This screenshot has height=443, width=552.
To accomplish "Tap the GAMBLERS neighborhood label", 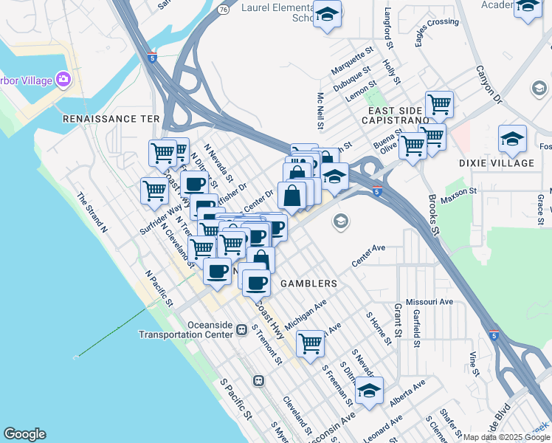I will pos(308,284).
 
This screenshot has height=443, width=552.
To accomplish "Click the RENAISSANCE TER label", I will pos(111,118).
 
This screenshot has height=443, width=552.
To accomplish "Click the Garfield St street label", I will pos(416,328).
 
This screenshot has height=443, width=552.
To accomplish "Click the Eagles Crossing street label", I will pos(437,32).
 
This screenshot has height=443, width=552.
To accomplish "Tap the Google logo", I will pos(24,434).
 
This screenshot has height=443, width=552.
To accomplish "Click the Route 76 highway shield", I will pos(223,7).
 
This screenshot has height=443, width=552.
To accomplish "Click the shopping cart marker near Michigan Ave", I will pos(311,343).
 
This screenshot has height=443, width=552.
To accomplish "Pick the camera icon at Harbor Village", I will pos(63,78).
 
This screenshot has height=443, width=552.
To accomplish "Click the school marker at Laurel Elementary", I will pos(326,14).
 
